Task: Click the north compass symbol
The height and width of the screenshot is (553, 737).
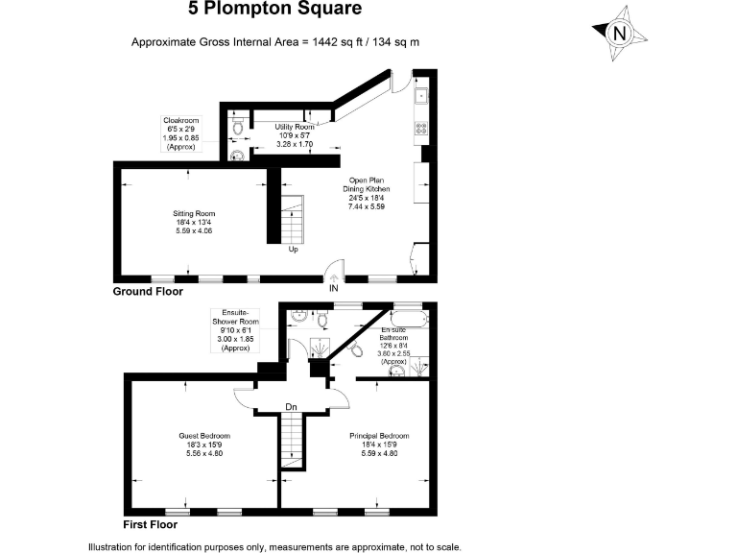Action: (x=620, y=33)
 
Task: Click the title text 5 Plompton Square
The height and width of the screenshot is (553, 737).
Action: (x=273, y=11)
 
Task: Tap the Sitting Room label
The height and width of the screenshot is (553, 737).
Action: (x=194, y=222)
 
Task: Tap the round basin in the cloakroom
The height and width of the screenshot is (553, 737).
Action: (x=237, y=153)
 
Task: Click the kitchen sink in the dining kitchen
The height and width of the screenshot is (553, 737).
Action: (x=420, y=96)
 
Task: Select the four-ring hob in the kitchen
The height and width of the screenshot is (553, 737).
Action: (x=420, y=127)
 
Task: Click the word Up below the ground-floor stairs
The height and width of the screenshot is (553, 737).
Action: (x=293, y=250)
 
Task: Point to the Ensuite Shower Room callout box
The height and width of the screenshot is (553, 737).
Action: (x=234, y=329)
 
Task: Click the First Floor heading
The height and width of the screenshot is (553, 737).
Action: (x=150, y=525)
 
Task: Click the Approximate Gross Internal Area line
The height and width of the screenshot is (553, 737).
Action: (x=275, y=42)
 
